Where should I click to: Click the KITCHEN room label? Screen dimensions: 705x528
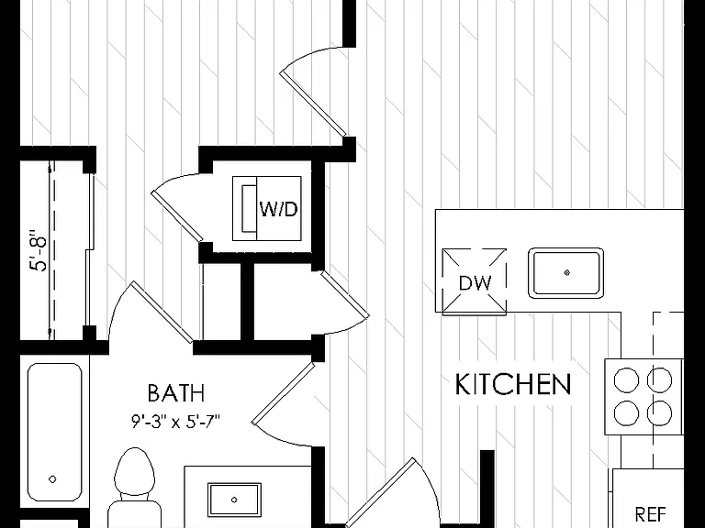point(513,384)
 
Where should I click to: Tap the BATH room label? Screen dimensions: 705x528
point(176,393)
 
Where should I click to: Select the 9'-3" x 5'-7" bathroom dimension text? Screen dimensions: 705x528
point(176,422)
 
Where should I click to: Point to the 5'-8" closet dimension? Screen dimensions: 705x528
point(39,251)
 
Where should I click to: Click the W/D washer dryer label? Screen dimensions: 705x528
point(279,209)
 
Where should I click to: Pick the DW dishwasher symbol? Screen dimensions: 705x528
point(475,281)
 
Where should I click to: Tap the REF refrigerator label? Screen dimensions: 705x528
point(650,512)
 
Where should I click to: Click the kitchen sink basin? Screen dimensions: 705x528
point(566,272)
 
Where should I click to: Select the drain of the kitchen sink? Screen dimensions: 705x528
point(567,272)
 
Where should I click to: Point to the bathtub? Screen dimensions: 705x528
point(54,432)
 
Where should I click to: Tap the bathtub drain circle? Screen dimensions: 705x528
point(52,479)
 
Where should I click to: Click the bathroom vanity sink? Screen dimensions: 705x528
point(234,500)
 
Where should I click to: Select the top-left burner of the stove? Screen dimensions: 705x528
point(626,379)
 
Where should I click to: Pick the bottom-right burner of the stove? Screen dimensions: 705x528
point(660,413)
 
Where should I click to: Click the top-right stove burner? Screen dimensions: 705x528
point(660,379)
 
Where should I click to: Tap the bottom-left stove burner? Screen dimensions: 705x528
point(626,413)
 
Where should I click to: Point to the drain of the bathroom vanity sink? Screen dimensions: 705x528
point(234,500)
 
